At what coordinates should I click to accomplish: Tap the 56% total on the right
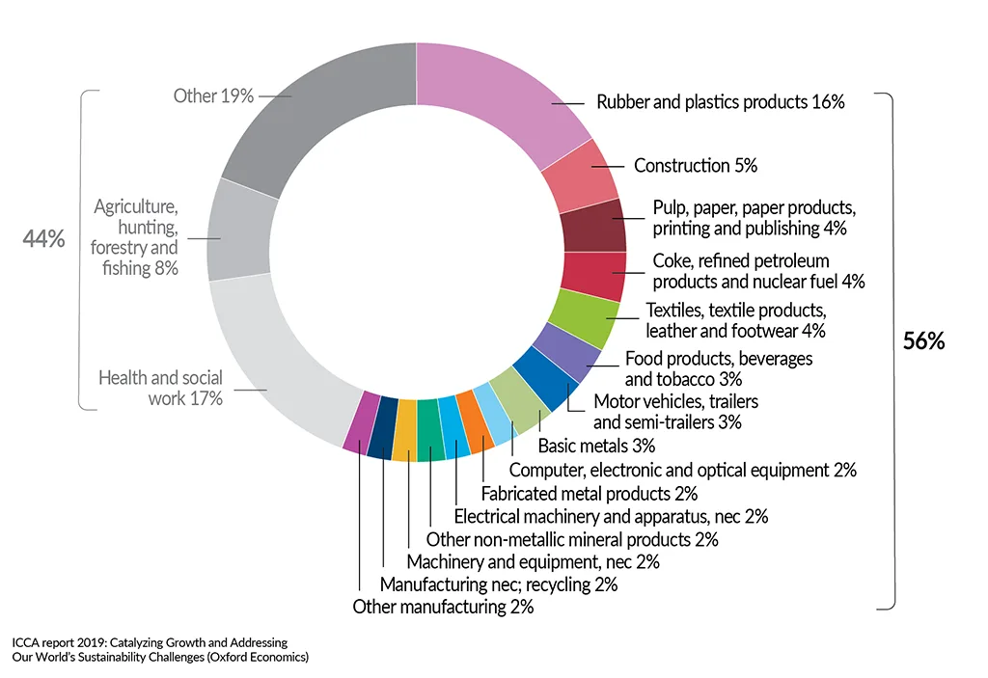pos(922,341)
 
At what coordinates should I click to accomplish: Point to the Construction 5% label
pos(695,166)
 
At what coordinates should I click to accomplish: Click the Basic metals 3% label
pos(596,446)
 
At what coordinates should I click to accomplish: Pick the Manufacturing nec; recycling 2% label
pos(498,584)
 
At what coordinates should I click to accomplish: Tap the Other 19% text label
pos(213,95)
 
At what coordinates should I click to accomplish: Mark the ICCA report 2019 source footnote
pos(160,649)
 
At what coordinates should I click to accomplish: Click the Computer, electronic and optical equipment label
pos(682,470)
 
